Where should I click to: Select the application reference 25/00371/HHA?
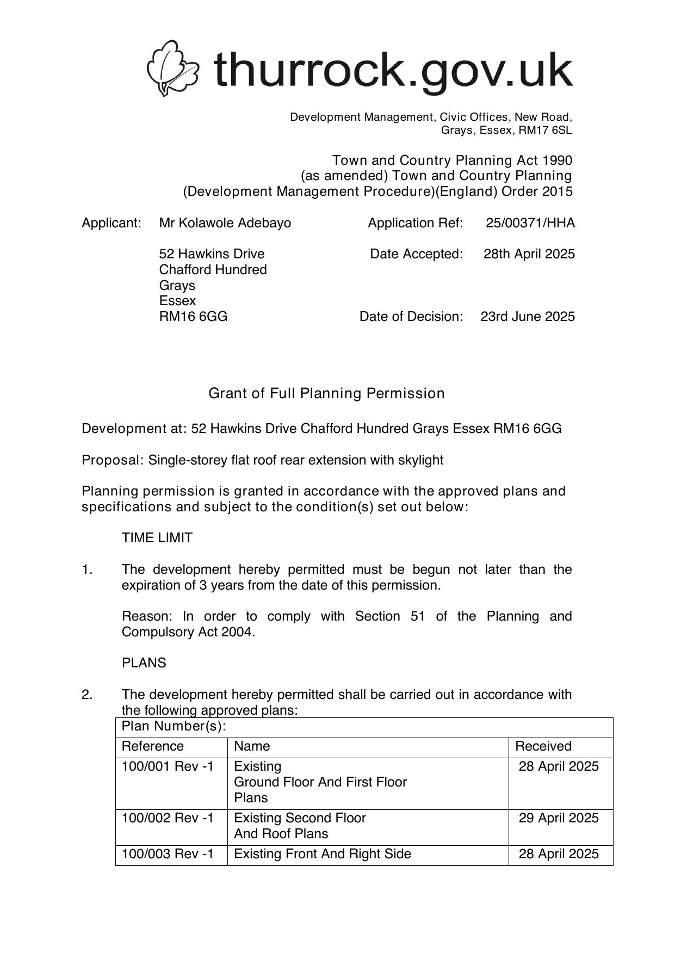(x=530, y=223)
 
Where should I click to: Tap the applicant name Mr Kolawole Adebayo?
(x=225, y=223)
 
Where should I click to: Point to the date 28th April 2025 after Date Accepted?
(x=529, y=254)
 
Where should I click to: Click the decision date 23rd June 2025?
(x=527, y=317)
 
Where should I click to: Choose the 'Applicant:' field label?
(x=112, y=223)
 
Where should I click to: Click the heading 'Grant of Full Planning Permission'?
(x=326, y=393)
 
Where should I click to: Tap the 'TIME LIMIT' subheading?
(x=157, y=538)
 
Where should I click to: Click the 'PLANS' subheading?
(x=144, y=663)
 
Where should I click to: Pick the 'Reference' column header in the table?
(x=153, y=746)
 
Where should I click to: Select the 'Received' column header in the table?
(x=543, y=746)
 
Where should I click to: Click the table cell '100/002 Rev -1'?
(x=168, y=818)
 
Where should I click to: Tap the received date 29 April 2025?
(x=559, y=818)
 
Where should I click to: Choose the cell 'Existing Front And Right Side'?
(x=322, y=854)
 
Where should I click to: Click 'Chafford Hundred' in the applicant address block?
(x=213, y=270)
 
